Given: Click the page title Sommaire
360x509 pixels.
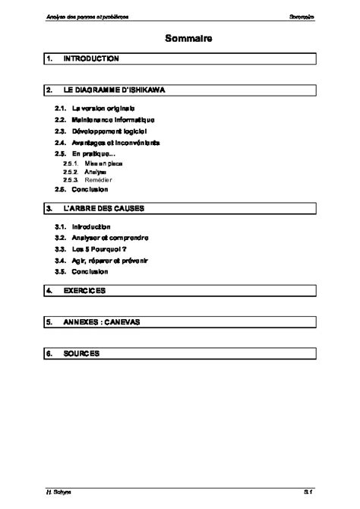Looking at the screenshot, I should click(x=181, y=37).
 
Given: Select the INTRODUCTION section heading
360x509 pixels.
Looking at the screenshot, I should click(x=90, y=58).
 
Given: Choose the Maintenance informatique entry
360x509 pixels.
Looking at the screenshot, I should click(x=112, y=120).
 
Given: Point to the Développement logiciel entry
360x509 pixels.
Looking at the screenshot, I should click(x=109, y=131).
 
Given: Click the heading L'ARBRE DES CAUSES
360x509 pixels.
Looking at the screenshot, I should click(x=103, y=207).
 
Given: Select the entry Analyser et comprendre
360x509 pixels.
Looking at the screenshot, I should click(x=110, y=238).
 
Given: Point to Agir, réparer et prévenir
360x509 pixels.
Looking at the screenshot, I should click(x=110, y=260).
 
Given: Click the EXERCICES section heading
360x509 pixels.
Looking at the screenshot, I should click(x=84, y=290).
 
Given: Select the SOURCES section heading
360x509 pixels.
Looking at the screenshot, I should click(x=81, y=354).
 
